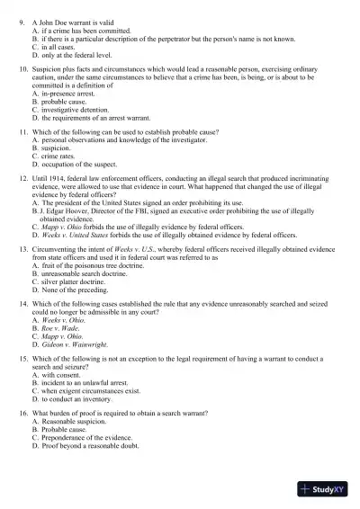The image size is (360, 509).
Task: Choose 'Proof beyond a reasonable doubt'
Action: pos(90,442)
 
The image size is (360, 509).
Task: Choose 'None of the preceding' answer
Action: pos(76,289)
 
